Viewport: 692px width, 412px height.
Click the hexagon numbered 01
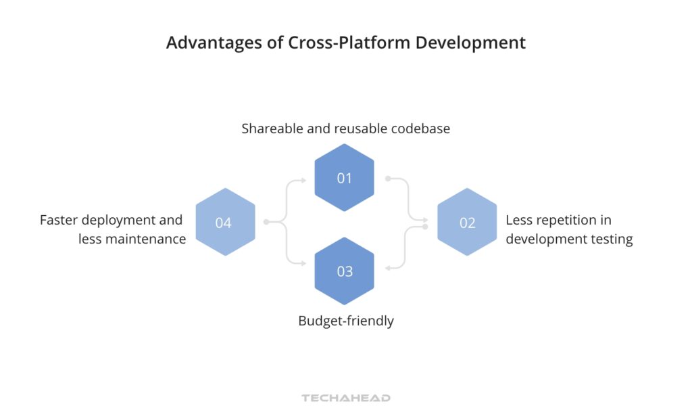coord(345,178)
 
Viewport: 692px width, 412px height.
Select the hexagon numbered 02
coord(467,222)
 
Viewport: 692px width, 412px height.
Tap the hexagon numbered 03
coord(345,271)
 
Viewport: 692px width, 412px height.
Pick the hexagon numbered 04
coord(224,222)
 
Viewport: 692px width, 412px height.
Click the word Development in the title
coord(470,43)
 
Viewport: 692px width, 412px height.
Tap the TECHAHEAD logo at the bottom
coord(346,398)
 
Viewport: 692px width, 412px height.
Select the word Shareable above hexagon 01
coord(272,128)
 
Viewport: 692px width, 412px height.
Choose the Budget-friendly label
coord(346,321)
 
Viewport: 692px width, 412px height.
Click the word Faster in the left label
coord(59,220)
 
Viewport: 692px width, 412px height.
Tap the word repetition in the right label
coord(572,220)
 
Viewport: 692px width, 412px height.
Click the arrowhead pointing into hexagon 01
coord(303,180)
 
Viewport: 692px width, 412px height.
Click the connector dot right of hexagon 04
coord(266,222)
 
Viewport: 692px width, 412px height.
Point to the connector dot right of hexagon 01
coord(387,179)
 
